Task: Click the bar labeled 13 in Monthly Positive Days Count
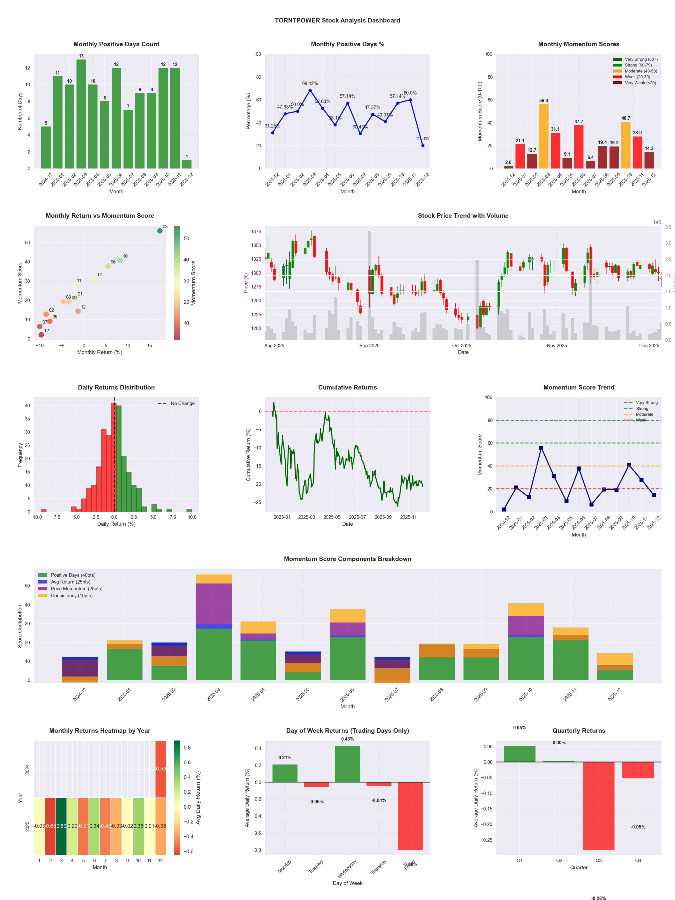(x=81, y=114)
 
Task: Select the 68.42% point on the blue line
(x=310, y=90)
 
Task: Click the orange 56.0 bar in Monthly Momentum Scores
(x=543, y=136)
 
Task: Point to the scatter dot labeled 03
(x=160, y=231)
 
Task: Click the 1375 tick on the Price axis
(x=256, y=231)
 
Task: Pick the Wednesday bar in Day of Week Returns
(x=347, y=764)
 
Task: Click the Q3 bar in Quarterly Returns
(x=598, y=805)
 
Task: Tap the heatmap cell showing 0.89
(x=61, y=826)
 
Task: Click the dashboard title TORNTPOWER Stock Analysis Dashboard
(x=337, y=20)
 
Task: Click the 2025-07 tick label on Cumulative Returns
(x=357, y=517)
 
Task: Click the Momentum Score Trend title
(x=578, y=387)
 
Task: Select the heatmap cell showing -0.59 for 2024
(x=161, y=769)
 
